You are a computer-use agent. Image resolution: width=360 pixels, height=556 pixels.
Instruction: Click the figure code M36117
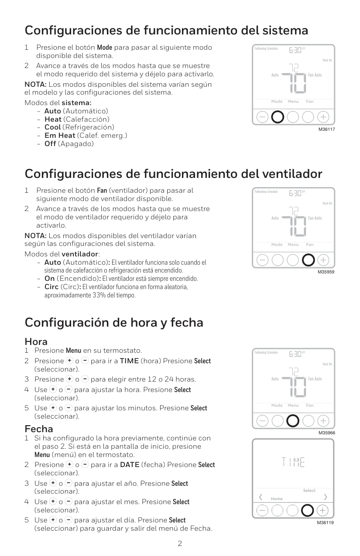pos(326,130)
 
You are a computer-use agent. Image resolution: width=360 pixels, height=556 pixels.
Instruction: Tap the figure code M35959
pos(326,273)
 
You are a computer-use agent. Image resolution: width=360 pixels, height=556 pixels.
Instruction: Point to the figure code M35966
pos(326,433)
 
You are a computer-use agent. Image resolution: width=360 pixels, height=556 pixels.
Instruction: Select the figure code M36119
pos(326,522)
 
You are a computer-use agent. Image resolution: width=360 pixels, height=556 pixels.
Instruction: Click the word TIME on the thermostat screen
pos(293,462)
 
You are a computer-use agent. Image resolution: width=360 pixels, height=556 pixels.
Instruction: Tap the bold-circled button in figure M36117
pos(278,117)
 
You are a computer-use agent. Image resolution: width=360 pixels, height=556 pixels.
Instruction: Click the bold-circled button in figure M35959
pos(308,260)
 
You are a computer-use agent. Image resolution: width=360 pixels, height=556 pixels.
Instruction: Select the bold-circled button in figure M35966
pos(293,420)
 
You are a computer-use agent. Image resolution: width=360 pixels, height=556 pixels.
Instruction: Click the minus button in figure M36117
pos(263,117)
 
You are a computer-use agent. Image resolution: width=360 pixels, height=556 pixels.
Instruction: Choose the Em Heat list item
pos(60,135)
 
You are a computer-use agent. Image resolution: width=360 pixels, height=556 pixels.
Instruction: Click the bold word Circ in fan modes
pos(51,287)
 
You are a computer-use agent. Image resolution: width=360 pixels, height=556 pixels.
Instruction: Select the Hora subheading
pos(36,341)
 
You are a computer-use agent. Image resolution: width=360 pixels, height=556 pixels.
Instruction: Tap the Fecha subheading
pos(39,429)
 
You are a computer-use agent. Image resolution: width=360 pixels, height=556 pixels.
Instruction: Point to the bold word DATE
pos(130,465)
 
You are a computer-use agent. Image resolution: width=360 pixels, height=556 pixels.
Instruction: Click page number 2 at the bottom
pos(180,544)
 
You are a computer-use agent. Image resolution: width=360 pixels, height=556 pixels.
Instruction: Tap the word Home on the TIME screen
pos(277,499)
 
